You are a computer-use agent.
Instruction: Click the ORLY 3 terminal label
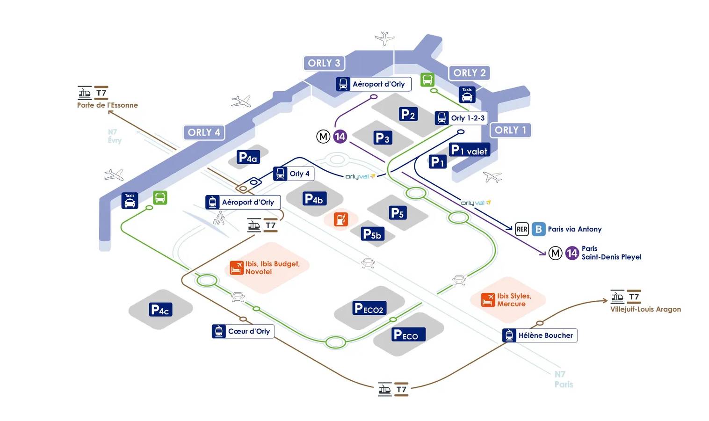coord(324,63)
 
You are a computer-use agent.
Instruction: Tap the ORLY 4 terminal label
coord(204,132)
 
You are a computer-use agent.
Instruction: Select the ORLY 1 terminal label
coord(510,130)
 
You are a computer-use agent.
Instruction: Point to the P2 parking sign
coord(408,114)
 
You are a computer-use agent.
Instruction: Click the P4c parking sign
coord(160,310)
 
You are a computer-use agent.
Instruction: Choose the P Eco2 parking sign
coord(369,308)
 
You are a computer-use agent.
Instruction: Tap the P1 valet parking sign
coord(469,150)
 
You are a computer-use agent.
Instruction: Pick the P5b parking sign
coord(372,234)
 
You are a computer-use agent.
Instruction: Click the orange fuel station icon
coord(341,219)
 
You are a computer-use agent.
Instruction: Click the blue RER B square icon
coord(538,229)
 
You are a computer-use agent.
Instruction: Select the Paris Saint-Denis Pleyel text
coord(611,253)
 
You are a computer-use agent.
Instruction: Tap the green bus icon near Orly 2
coord(427,80)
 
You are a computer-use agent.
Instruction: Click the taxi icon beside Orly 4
coord(130,201)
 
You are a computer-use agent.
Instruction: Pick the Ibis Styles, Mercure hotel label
coord(514,300)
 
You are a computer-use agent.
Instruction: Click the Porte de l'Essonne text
coord(107,105)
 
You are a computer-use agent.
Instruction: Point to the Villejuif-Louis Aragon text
coord(645,309)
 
